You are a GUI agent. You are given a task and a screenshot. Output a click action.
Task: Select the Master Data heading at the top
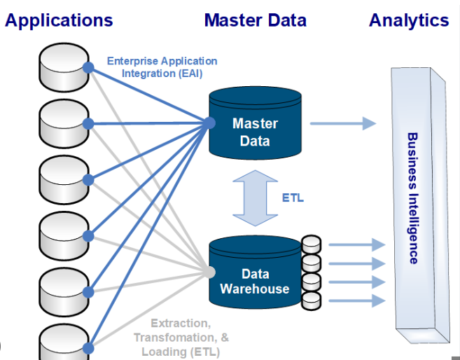coord(255,20)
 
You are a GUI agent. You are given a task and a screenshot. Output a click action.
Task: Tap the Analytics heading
coord(409,20)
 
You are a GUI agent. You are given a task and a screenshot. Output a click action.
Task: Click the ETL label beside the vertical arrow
coord(293,198)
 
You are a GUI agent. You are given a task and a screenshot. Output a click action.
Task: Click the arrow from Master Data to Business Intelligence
coord(342,124)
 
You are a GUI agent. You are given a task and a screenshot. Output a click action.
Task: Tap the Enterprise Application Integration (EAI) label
coord(162,68)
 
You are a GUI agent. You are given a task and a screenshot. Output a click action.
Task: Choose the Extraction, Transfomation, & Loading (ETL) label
coord(180,338)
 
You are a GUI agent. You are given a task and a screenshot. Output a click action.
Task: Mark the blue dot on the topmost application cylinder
coord(88,67)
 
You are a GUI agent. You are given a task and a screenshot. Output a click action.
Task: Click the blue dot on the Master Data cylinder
coord(210,124)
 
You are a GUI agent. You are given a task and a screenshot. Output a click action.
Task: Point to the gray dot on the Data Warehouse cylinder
coord(210,273)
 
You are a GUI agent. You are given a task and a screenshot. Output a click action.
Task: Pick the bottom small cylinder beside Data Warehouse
coord(311,300)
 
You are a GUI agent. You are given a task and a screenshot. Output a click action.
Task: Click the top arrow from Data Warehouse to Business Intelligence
coord(356,245)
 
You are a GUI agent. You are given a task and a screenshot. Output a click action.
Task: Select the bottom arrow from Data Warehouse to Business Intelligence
coord(356,300)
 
